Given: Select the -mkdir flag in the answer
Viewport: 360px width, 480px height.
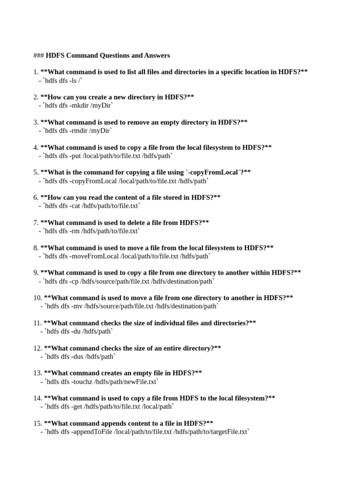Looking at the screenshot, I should point(80,105).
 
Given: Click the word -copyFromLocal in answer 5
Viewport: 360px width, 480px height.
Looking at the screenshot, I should point(94,181).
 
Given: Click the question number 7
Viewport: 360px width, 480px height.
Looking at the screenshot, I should point(36,223).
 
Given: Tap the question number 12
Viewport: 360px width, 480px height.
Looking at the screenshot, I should point(37,348).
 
